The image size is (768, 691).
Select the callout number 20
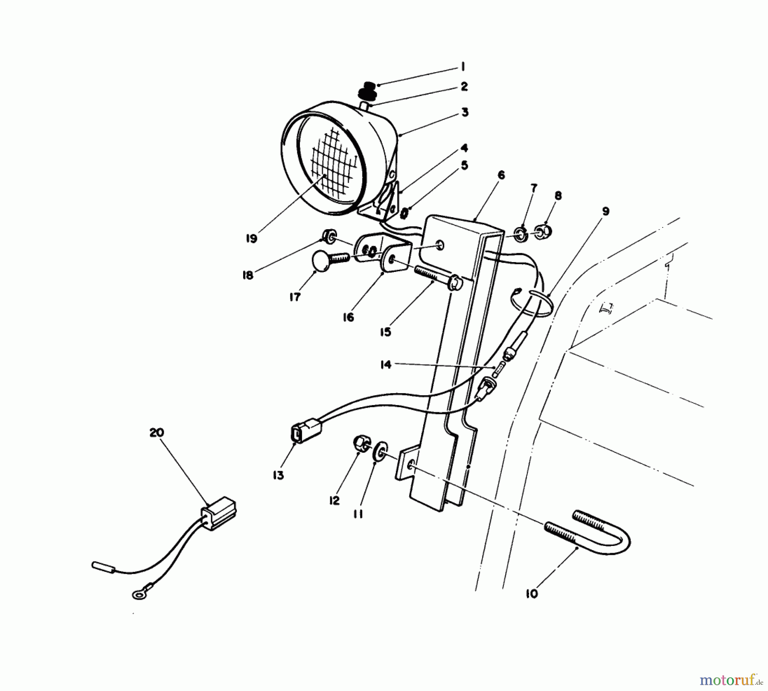pos(157,432)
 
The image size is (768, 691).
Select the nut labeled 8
pos(544,231)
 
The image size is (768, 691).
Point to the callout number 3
pos(465,112)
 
